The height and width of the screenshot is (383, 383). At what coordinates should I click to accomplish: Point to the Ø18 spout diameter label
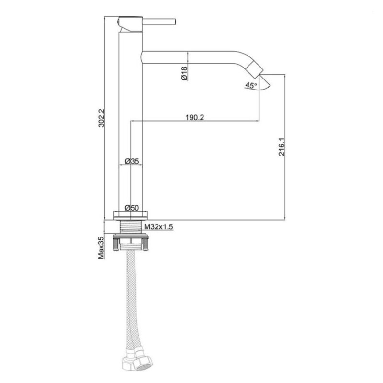point(184,73)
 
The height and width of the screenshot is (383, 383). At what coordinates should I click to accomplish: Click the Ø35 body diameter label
point(132,162)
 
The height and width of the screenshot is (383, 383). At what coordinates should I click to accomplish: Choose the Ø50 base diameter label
point(132,208)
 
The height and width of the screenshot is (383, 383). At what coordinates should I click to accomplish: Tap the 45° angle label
point(251,86)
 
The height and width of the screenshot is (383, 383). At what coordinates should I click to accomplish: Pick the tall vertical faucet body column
point(130,120)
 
